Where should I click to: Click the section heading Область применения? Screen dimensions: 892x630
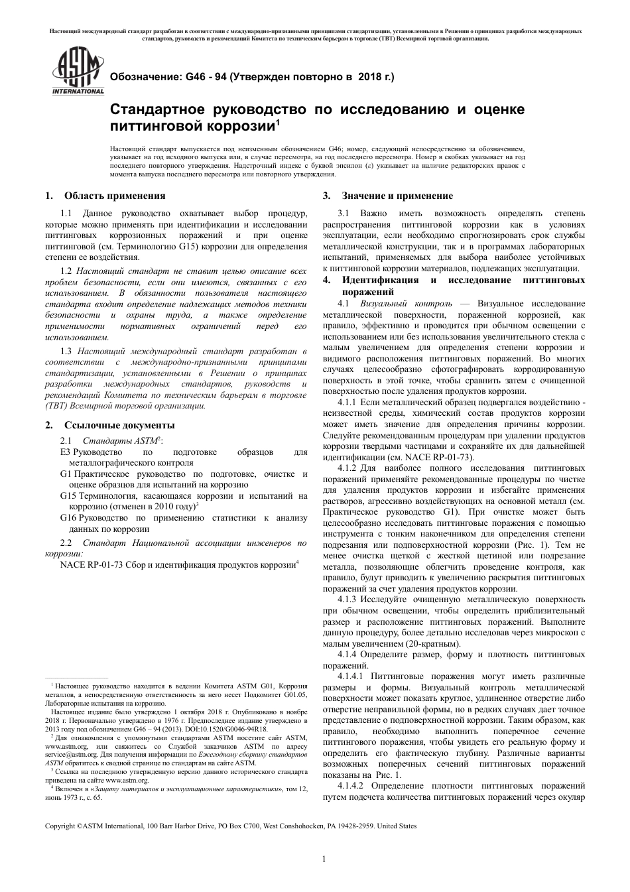(x=115, y=196)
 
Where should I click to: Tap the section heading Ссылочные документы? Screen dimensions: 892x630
(x=119, y=425)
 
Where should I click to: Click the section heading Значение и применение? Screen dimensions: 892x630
(x=397, y=196)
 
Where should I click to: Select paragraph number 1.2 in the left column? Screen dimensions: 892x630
(x=66, y=271)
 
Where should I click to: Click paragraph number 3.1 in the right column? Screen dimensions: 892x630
(x=343, y=214)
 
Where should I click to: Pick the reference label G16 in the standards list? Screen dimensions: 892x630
(x=68, y=518)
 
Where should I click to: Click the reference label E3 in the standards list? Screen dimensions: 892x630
(x=64, y=452)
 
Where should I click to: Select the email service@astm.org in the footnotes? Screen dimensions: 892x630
(x=66, y=755)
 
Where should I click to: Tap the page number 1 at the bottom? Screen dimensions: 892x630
(x=323, y=859)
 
